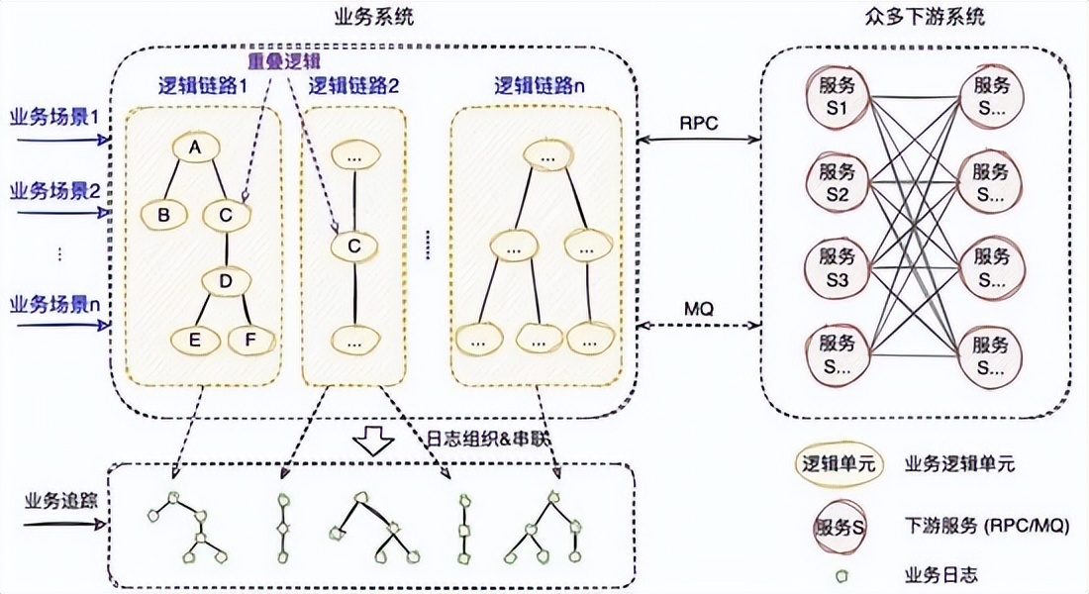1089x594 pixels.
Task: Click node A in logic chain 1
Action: tap(196, 148)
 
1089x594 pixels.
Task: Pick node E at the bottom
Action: tap(195, 341)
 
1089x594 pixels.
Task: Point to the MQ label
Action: tap(698, 308)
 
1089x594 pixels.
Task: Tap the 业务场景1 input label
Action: tap(55, 117)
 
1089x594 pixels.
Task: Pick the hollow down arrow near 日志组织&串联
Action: tap(374, 441)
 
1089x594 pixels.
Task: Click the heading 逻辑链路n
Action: tap(540, 85)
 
